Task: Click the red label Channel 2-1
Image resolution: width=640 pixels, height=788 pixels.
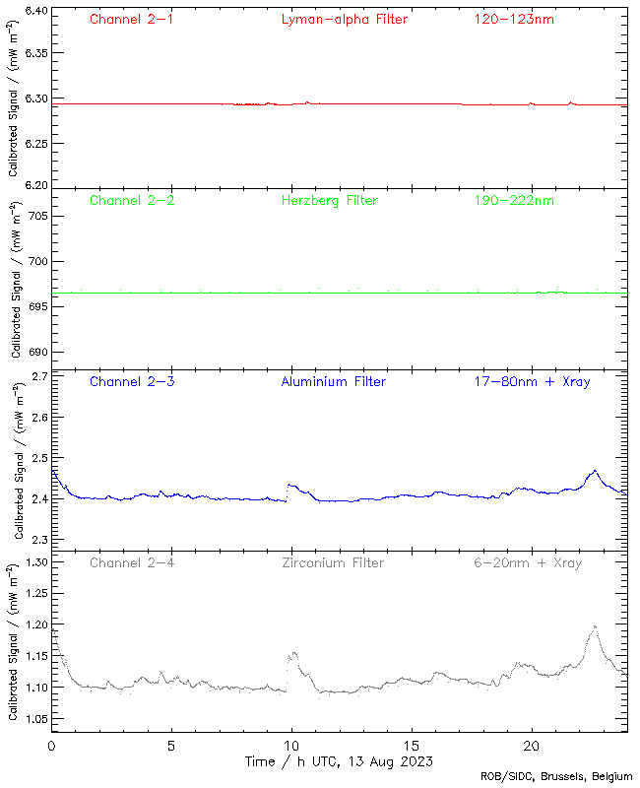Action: pyautogui.click(x=132, y=19)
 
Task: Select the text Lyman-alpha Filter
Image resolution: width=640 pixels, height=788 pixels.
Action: pyautogui.click(x=344, y=19)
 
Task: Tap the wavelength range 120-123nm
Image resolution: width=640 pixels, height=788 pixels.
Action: pyautogui.click(x=513, y=19)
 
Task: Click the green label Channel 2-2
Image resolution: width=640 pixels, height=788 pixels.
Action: pyautogui.click(x=132, y=201)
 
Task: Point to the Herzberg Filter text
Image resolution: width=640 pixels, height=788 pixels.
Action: pyautogui.click(x=329, y=201)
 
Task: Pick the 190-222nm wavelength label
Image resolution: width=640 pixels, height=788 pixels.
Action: pyautogui.click(x=513, y=201)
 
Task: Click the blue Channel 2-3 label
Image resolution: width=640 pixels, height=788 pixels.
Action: pyautogui.click(x=132, y=382)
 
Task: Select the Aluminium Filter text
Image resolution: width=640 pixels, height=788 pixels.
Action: pyautogui.click(x=333, y=382)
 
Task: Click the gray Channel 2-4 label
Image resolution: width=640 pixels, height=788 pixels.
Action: pyautogui.click(x=132, y=563)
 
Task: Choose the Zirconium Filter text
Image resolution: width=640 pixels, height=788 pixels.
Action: pyautogui.click(x=333, y=563)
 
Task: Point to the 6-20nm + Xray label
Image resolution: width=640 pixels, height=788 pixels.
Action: pyautogui.click(x=528, y=563)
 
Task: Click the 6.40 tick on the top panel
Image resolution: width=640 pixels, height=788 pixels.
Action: pyautogui.click(x=32, y=12)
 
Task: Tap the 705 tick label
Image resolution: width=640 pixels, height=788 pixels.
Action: pyautogui.click(x=34, y=216)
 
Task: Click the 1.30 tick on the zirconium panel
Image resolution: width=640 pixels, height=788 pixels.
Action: pyautogui.click(x=32, y=562)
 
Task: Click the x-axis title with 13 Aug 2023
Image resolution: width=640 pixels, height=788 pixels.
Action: pyautogui.click(x=339, y=761)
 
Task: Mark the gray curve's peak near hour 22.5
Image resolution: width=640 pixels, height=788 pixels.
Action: pyautogui.click(x=594, y=626)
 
